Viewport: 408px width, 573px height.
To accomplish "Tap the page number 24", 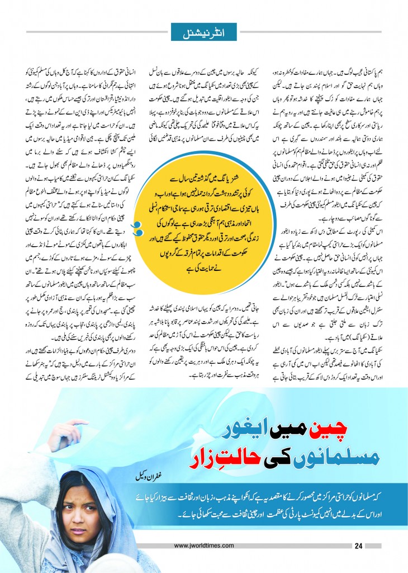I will point(360,546).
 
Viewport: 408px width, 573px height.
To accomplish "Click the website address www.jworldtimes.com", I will point(203,546).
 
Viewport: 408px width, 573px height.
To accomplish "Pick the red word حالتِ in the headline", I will point(231,451).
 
